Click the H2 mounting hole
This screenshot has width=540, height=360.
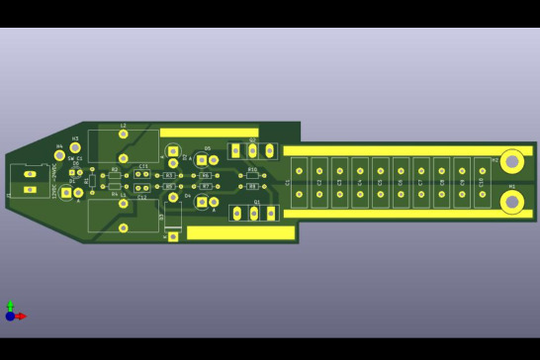[x=511, y=161]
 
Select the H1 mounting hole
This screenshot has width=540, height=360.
[x=511, y=202]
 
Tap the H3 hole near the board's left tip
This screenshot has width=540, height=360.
[x=75, y=148]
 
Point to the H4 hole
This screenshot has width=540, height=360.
[x=59, y=155]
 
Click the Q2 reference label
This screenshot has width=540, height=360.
[x=252, y=140]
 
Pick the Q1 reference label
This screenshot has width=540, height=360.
[x=256, y=203]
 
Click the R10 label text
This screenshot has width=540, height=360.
[x=252, y=170]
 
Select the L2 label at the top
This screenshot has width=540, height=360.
[x=124, y=126]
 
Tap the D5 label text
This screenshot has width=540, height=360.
[x=208, y=149]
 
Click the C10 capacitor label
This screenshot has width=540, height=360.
[x=482, y=182]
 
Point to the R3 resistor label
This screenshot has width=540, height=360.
[x=169, y=176]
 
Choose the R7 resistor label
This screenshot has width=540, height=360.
[x=206, y=186]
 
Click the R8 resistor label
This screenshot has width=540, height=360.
[x=252, y=186]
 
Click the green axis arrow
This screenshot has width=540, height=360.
[x=10, y=306]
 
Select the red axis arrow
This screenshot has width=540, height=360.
[x=21, y=316]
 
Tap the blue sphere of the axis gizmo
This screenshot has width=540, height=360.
[x=10, y=316]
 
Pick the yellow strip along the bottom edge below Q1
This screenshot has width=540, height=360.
[x=240, y=233]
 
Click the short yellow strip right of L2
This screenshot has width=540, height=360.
[x=208, y=132]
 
